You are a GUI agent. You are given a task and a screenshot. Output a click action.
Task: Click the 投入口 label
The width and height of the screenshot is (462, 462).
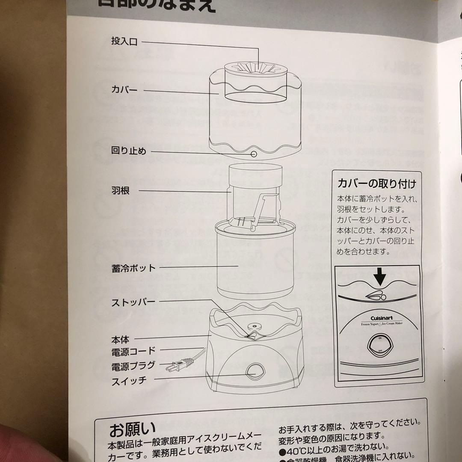[124, 42]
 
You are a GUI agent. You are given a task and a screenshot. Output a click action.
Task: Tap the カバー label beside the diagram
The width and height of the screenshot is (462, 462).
[124, 90]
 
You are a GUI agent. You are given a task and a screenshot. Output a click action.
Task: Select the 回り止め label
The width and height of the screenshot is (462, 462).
[128, 151]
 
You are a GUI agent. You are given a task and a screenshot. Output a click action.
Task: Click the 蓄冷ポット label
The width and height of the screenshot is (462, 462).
[133, 268]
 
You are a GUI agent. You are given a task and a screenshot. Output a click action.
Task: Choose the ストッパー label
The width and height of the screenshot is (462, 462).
[133, 302]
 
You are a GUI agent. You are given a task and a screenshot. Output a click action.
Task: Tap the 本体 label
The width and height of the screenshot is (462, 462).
[120, 340]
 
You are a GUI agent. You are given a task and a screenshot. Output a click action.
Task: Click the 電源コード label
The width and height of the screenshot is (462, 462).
[133, 351]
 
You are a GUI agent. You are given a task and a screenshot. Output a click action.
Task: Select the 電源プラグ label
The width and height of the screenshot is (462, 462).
[133, 366]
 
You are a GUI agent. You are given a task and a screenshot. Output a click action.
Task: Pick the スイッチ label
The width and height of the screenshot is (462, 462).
[129, 380]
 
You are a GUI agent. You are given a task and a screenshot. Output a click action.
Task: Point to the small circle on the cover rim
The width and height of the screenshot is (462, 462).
[254, 154]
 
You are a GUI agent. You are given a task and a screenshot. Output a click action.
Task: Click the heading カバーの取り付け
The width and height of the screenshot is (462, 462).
[376, 184]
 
